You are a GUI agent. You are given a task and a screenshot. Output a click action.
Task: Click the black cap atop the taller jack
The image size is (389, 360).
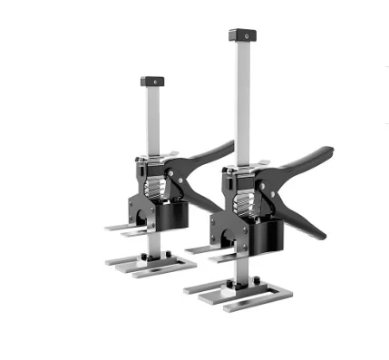[x=240, y=36]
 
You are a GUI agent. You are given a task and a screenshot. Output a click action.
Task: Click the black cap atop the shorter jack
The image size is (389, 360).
[x=152, y=82]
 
